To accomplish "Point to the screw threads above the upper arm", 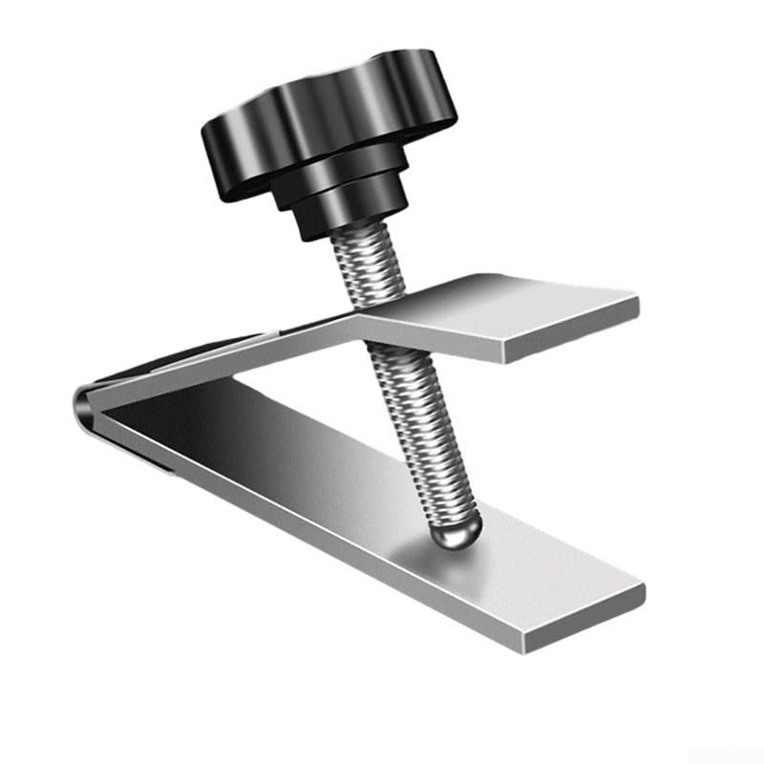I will click(368, 272).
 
